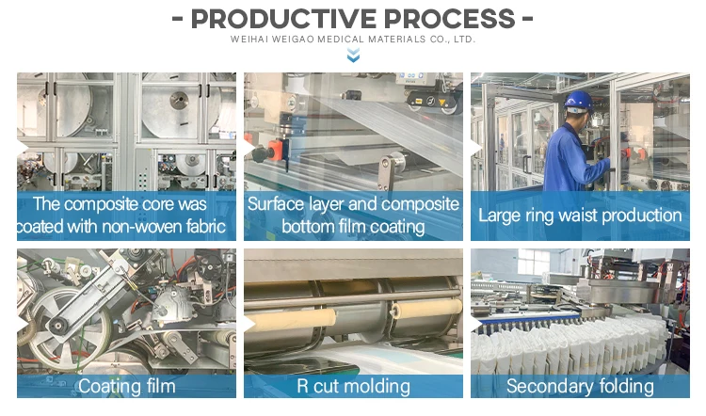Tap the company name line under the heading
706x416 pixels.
coord(353,40)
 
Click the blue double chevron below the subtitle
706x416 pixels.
coord(353,56)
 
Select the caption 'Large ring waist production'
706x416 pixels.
coord(580,215)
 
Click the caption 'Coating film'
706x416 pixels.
coord(126,386)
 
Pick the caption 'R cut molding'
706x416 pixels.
coord(353,386)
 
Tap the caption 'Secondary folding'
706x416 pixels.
coord(580,386)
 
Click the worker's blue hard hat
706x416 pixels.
coord(577,101)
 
